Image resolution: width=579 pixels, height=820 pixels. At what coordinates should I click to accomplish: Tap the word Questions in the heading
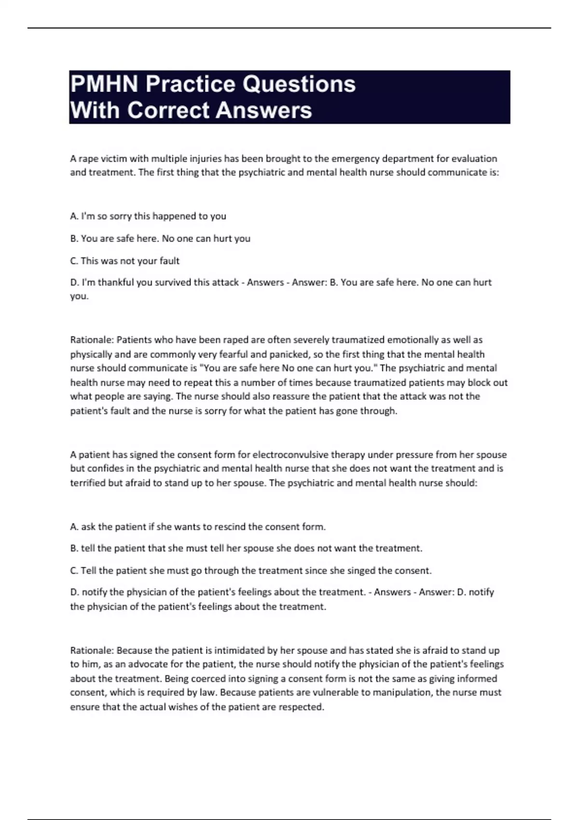[299, 84]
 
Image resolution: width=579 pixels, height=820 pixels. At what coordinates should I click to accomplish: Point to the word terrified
[88, 483]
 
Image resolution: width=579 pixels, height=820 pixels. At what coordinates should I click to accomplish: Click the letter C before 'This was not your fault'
[74, 261]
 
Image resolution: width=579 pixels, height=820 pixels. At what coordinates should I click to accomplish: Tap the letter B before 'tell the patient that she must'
[74, 548]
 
